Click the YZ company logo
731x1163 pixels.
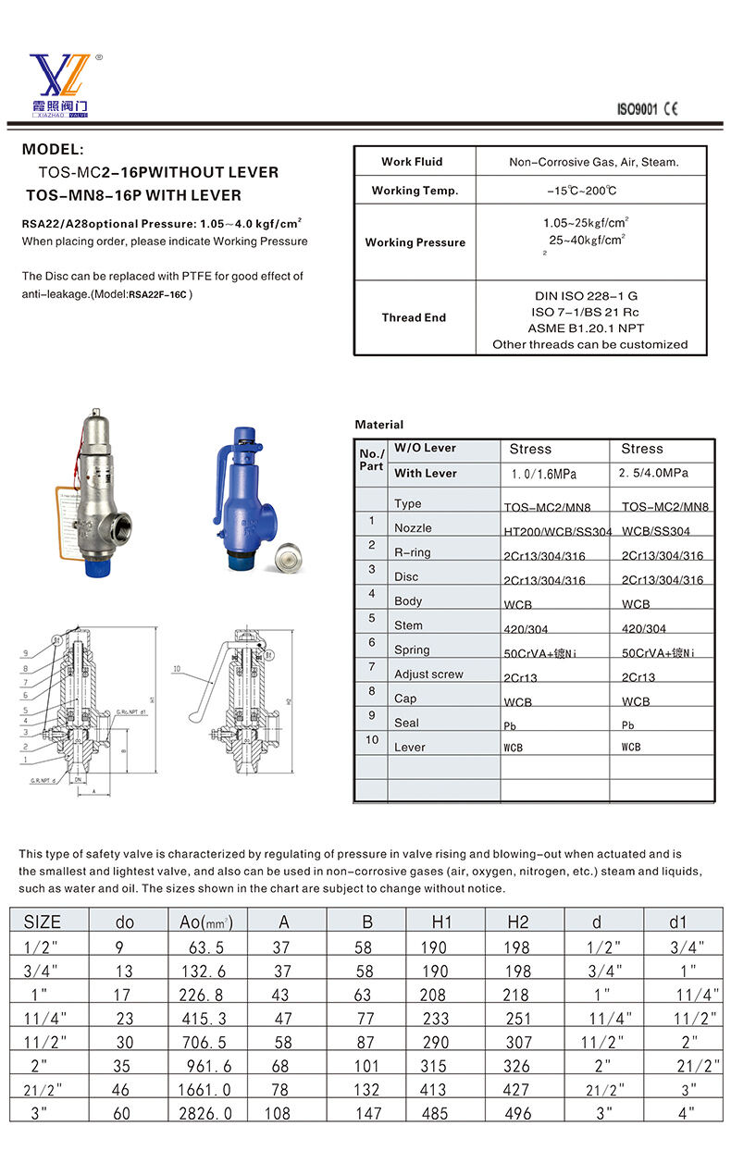[x=61, y=83]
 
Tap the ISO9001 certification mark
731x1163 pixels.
[x=637, y=109]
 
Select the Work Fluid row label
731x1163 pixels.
[x=412, y=162]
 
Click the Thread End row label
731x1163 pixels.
[x=414, y=317]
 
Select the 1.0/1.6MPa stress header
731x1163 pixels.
[x=543, y=474]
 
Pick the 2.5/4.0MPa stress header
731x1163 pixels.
[x=652, y=474]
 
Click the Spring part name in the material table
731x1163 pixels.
[x=412, y=650]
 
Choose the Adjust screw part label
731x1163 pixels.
[x=428, y=674]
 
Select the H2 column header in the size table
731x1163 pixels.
[x=518, y=922]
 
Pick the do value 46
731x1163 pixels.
[x=121, y=1090]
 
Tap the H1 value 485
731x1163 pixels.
[x=433, y=1114]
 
